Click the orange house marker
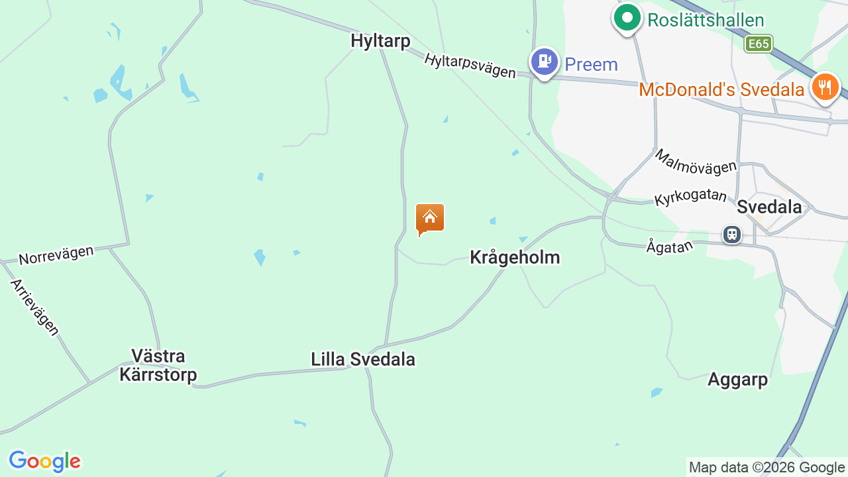click(x=430, y=219)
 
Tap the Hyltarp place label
click(x=380, y=41)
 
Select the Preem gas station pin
click(x=544, y=62)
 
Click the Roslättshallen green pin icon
click(x=627, y=19)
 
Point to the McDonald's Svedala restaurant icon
click(x=825, y=87)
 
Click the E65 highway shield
click(x=758, y=44)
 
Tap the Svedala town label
click(x=769, y=207)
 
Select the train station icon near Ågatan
click(x=732, y=234)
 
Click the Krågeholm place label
click(x=515, y=257)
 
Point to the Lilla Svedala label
click(x=363, y=359)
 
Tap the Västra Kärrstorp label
click(x=158, y=366)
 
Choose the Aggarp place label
click(x=737, y=380)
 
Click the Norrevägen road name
click(x=56, y=254)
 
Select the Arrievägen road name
click(x=34, y=307)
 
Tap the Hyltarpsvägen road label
click(x=470, y=66)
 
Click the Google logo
click(x=44, y=461)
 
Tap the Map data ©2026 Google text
click(x=767, y=468)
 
